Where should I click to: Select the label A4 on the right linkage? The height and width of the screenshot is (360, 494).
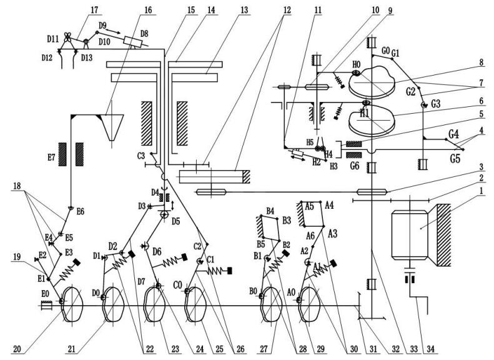tap(329, 205)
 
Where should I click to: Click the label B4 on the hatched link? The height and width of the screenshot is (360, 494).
tap(270, 211)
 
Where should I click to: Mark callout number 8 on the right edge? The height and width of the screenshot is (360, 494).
tap(479, 62)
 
